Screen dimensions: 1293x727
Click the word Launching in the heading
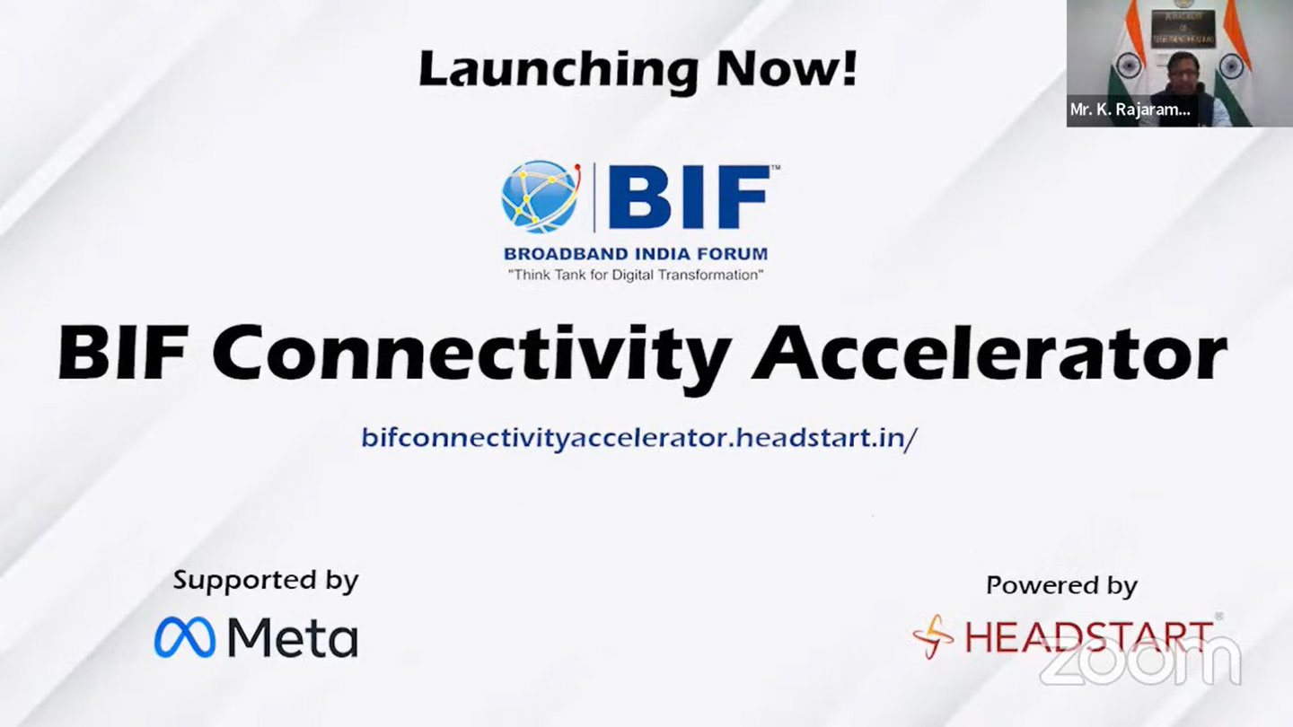(x=557, y=70)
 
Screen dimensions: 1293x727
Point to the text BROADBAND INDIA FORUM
(x=636, y=254)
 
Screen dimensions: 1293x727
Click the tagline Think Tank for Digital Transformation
(x=636, y=275)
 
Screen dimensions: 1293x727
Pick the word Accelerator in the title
(x=989, y=352)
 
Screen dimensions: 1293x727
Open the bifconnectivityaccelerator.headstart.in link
(x=639, y=437)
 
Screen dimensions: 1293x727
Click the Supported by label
(x=266, y=581)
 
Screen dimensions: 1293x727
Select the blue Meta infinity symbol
(x=185, y=637)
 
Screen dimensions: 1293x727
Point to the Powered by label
(x=1061, y=585)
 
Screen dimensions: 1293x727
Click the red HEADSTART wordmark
(x=1088, y=636)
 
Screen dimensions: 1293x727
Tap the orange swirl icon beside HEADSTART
(x=933, y=636)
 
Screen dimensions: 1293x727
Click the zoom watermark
(x=1140, y=661)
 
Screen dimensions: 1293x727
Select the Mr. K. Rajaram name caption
(x=1130, y=109)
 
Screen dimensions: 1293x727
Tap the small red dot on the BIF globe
(x=578, y=168)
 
